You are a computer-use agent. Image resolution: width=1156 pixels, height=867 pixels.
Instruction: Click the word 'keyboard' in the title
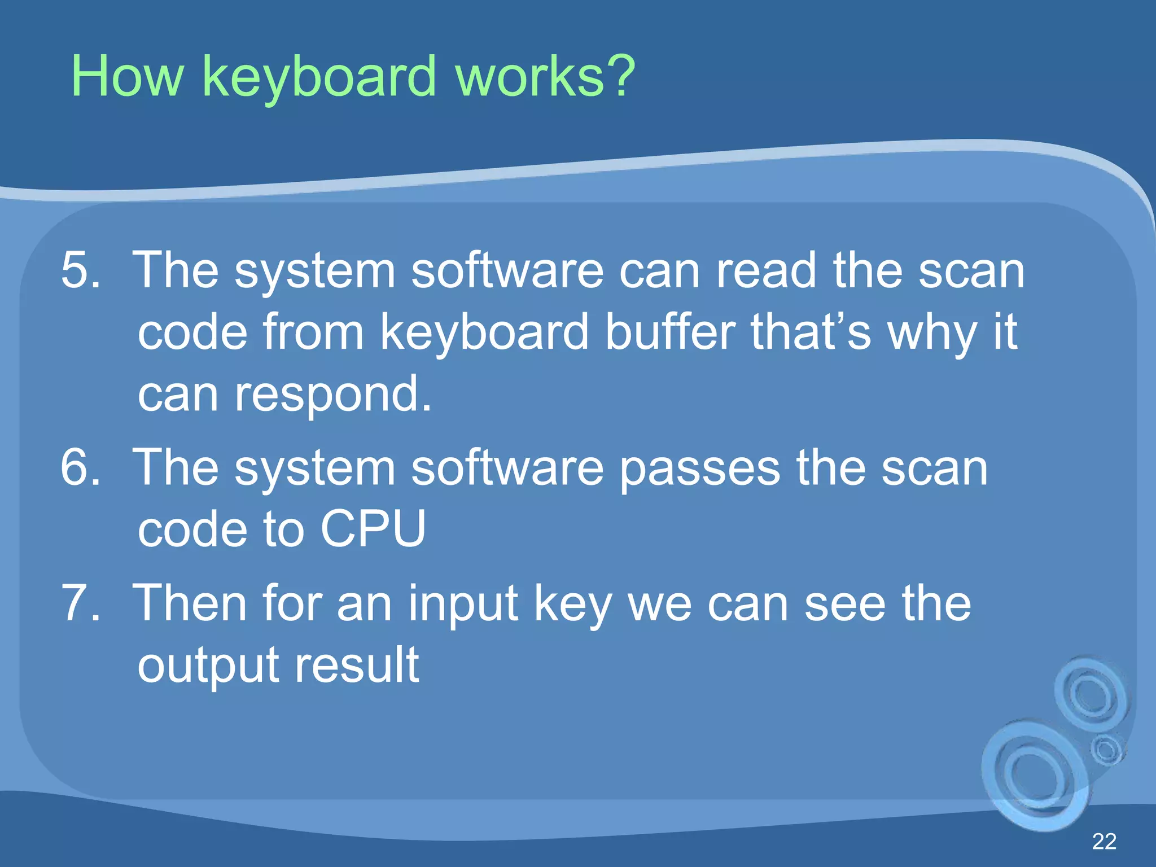[319, 77]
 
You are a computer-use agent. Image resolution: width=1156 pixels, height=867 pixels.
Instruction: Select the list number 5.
[80, 270]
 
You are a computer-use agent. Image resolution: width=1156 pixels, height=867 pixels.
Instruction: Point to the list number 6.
[80, 467]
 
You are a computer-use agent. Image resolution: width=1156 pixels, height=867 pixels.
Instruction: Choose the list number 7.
[80, 603]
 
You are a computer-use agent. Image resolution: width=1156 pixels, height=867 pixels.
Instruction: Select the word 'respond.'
[333, 393]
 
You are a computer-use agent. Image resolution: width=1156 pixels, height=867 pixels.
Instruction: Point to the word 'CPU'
[373, 528]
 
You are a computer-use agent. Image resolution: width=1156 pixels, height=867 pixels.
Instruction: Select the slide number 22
[1104, 842]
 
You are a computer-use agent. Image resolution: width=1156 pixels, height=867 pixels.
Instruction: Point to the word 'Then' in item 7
[190, 603]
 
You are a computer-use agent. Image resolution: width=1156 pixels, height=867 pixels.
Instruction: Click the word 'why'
[932, 333]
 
